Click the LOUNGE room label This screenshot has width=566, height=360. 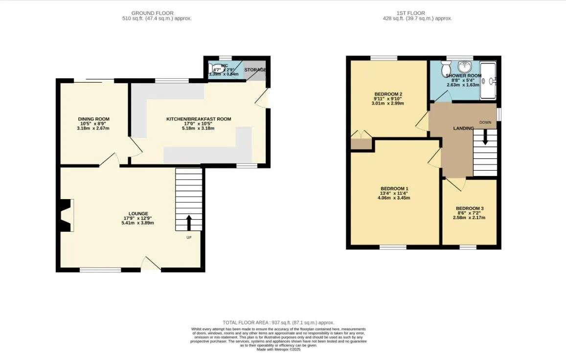pos(138,214)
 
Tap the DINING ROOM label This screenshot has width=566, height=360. pos(93,119)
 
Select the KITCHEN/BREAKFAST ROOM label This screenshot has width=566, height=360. pos(199,119)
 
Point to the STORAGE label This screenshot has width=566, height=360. pos(255,70)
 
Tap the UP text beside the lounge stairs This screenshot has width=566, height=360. pos(189,238)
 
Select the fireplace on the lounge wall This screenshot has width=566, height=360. pos(66,215)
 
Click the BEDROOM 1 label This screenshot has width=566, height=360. pos(394,189)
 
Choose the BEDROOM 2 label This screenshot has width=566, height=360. pos(388,94)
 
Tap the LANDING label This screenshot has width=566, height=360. pos(463,129)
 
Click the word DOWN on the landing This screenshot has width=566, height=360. pos(485,122)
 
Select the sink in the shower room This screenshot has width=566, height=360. pos(463,67)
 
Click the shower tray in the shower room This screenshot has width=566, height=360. pos(488,80)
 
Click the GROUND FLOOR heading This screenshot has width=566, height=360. pos(152,13)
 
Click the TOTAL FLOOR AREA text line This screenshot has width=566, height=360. pos(278,322)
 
